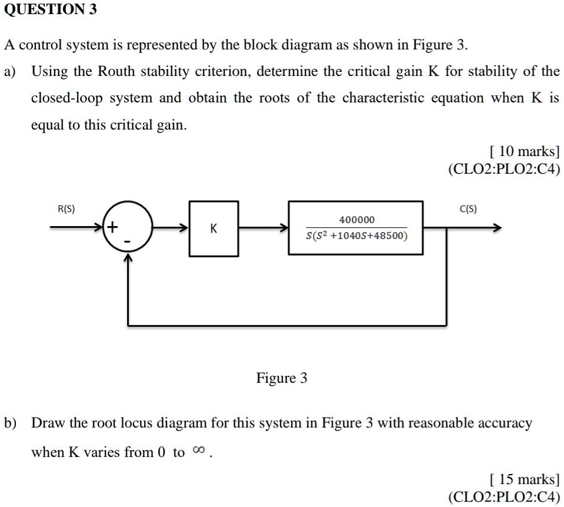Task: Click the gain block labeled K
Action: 213,228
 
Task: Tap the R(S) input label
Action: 65,208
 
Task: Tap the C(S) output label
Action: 468,208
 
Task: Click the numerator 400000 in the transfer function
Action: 356,220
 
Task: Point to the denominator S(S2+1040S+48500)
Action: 356,236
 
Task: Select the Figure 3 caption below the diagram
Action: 282,378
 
